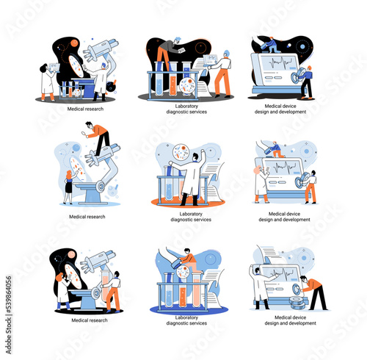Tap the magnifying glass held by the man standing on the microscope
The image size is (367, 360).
[x=84, y=134]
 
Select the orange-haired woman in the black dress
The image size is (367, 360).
[x=69, y=187]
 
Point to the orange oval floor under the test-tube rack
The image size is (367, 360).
[x=188, y=202]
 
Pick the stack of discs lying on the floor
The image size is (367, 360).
[x=297, y=303]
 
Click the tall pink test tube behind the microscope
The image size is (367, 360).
[x=106, y=284]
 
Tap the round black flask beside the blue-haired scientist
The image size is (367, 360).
[x=111, y=86]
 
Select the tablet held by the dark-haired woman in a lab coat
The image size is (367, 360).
[x=54, y=68]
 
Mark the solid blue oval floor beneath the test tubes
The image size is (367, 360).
[x=189, y=309]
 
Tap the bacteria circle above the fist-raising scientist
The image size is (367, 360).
[x=181, y=152]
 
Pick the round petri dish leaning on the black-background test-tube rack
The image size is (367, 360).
[x=187, y=86]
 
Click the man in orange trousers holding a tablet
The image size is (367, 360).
[x=222, y=74]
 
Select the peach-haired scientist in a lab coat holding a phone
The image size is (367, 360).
[x=261, y=184]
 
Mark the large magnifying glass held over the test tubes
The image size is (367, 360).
[x=177, y=264]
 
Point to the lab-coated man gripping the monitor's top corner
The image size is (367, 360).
[x=260, y=287]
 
